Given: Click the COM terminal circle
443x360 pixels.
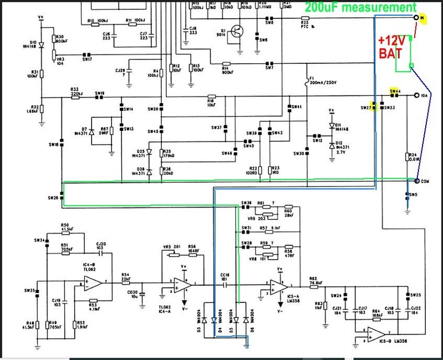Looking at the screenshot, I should pyautogui.click(x=416, y=180).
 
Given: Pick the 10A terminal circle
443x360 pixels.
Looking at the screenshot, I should pyautogui.click(x=416, y=95).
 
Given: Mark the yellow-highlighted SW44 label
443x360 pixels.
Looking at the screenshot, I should pyautogui.click(x=395, y=91).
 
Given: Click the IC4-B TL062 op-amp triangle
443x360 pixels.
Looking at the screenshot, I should pyautogui.click(x=93, y=283).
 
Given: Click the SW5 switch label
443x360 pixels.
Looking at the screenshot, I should pyautogui.click(x=412, y=195).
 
